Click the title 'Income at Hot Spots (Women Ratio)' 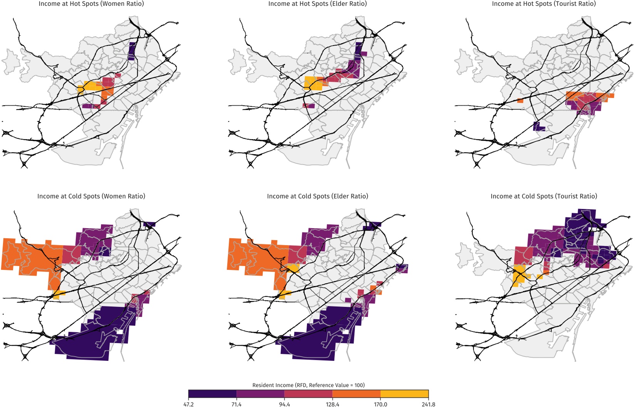pos(91,4)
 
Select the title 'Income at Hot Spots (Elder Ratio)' pos(317,4)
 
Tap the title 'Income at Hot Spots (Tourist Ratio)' pos(544,4)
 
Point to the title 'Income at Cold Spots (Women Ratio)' pos(91,196)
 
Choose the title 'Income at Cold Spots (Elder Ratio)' pos(317,196)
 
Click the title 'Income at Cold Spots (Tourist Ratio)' pos(544,196)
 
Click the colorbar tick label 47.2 pos(188,404)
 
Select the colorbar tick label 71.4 pos(237,404)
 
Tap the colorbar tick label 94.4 pos(284,404)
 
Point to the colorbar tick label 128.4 pos(333,404)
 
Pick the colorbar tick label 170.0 pos(381,404)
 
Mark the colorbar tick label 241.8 pos(428,404)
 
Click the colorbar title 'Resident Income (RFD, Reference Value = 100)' pos(308,385)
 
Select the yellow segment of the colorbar pos(404,394)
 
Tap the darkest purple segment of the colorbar pos(212,394)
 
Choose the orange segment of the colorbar pos(356,394)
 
